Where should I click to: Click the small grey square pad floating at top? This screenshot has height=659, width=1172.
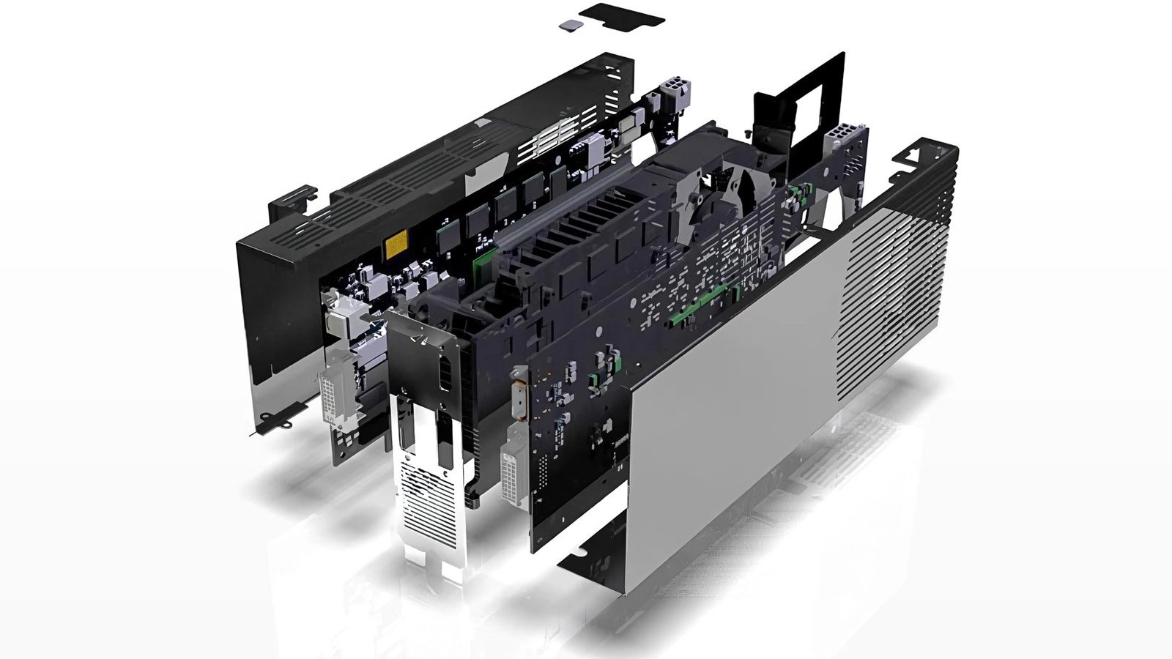(x=569, y=25)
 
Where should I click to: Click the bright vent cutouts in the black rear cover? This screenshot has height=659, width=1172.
(x=546, y=139)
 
